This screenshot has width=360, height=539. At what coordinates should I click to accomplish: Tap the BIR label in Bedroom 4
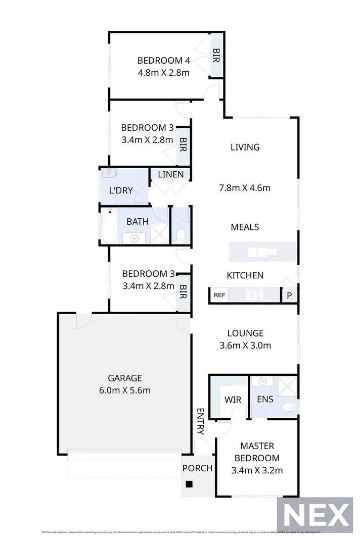[216, 55]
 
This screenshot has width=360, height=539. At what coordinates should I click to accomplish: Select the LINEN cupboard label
[170, 175]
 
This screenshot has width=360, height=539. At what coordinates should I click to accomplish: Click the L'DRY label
[121, 190]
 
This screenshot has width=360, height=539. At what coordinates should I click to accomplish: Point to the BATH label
[137, 221]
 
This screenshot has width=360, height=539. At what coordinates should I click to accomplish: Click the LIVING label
[245, 147]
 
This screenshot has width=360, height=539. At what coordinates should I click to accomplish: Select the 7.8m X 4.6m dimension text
[245, 188]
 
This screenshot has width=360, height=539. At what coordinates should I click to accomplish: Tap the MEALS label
[245, 227]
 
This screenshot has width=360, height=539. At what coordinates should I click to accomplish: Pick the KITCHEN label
[245, 275]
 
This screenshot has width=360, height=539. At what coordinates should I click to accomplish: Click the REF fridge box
[219, 296]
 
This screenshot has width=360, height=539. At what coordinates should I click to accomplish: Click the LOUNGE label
[245, 333]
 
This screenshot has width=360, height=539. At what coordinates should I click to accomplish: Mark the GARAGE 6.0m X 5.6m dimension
[124, 390]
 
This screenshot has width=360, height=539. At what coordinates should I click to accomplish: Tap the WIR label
[233, 400]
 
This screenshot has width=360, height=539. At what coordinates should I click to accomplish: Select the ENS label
[265, 399]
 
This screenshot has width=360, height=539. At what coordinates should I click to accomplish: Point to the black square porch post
[189, 484]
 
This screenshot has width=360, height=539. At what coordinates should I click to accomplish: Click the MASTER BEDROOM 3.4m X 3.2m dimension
[257, 471]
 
